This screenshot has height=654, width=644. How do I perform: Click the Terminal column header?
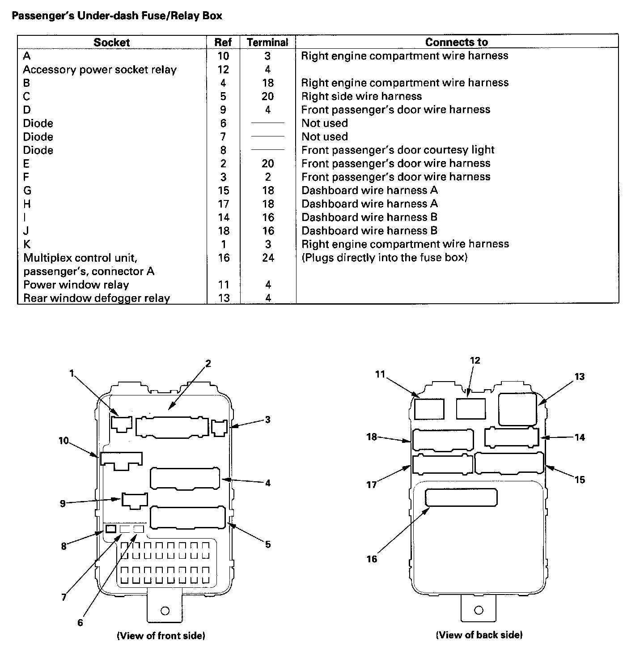click(267, 42)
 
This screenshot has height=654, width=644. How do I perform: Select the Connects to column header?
click(456, 42)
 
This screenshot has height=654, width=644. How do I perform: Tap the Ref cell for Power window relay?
click(223, 285)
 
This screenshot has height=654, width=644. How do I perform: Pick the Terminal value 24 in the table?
click(268, 258)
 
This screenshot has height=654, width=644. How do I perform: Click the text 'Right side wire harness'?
click(361, 96)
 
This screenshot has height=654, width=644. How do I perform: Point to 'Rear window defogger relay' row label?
click(97, 298)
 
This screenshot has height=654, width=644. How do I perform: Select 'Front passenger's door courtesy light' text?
click(398, 150)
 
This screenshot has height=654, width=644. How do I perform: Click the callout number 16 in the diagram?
click(372, 559)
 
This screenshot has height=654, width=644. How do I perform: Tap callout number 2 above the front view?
click(208, 363)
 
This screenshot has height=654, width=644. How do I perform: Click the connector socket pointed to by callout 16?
click(461, 498)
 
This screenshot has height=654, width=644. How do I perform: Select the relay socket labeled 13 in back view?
click(517, 409)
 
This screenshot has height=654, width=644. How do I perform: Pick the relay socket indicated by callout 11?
click(429, 409)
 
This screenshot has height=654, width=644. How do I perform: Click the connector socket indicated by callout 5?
click(187, 518)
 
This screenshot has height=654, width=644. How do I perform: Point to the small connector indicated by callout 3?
click(219, 428)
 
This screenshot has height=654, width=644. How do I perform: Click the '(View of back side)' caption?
click(479, 634)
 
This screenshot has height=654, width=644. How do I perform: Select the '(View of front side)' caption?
click(161, 635)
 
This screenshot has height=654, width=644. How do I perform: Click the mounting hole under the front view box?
click(165, 611)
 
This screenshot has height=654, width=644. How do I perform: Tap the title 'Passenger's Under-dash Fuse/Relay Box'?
click(117, 16)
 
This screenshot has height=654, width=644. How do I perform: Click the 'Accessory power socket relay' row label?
click(100, 70)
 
